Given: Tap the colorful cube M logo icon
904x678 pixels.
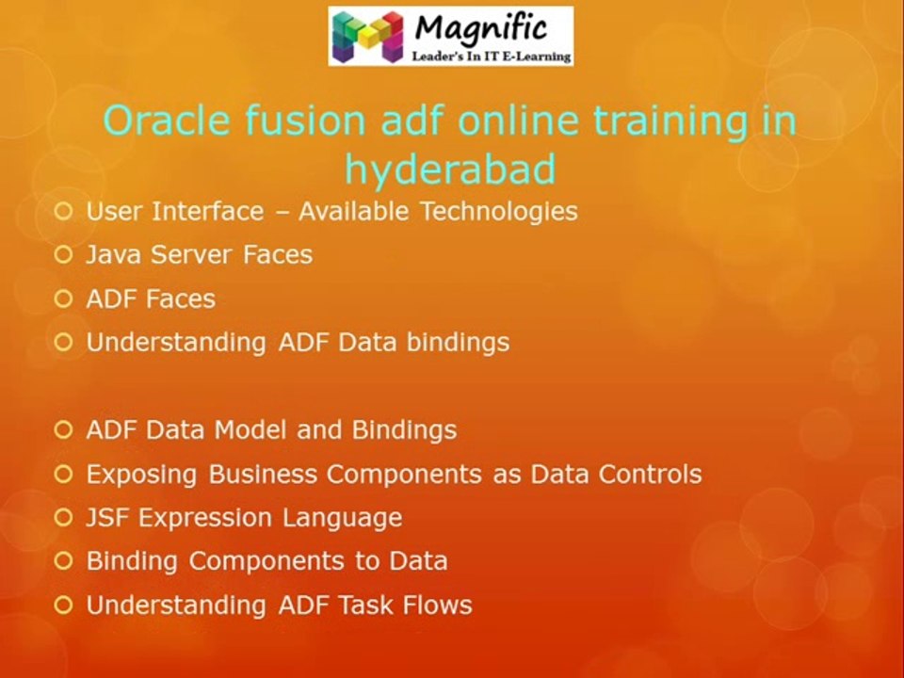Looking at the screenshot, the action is coord(368,37).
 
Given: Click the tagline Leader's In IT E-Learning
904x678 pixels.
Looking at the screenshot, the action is coord(492,56).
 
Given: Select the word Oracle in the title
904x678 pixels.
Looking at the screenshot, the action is coord(167,120).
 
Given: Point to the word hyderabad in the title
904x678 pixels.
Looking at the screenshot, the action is coord(450,169).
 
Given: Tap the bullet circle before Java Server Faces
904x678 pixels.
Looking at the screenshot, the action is coord(63,254).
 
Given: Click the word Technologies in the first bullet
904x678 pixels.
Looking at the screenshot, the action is coord(499,212).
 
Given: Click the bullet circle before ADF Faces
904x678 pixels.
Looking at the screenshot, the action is coord(63,299).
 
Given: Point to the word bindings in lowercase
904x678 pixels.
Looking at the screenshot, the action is coord(459,343).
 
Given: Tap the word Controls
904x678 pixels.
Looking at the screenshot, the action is coord(651,474).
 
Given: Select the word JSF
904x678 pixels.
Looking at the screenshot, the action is coord(107,517).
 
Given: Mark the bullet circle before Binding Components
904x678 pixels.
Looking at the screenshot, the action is coord(63,560).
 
